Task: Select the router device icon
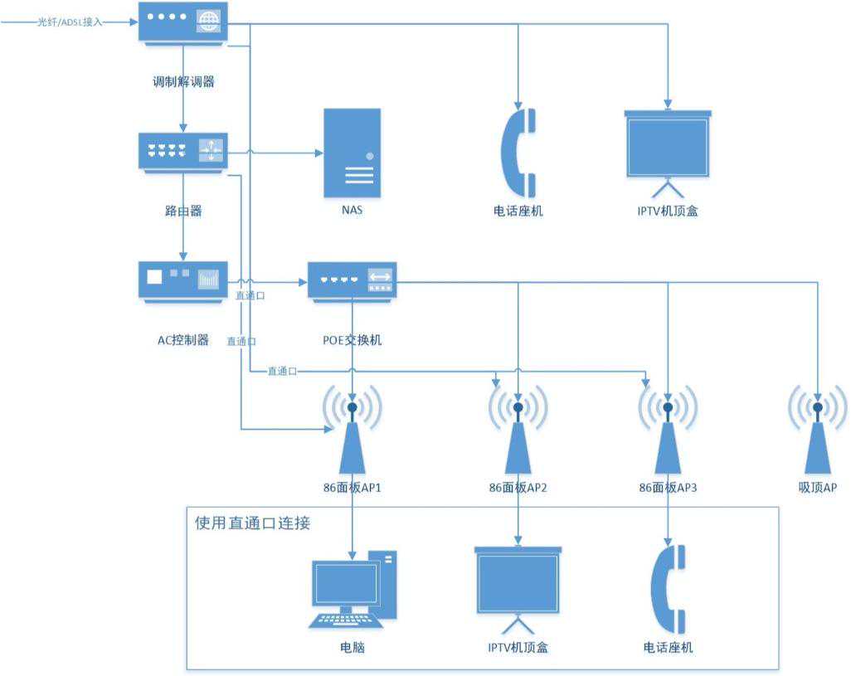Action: (x=182, y=153)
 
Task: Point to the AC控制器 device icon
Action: (x=182, y=281)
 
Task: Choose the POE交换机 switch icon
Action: (x=352, y=280)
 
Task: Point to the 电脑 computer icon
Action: (x=353, y=590)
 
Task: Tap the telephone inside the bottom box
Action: (x=668, y=589)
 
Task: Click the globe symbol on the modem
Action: (x=209, y=22)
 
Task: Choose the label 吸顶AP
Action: (x=817, y=488)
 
